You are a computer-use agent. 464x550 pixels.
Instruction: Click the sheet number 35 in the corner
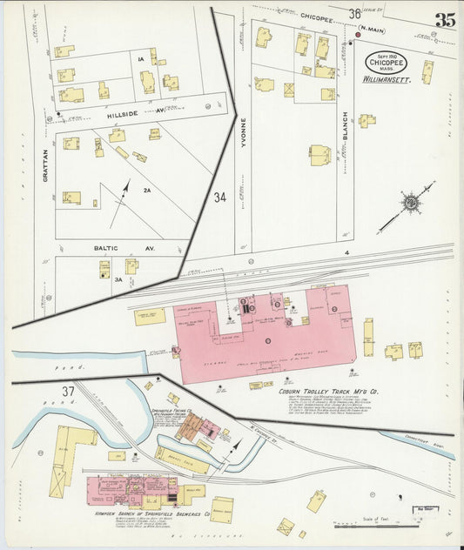coord(444,20)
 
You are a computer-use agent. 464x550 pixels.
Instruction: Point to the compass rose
coord(410,204)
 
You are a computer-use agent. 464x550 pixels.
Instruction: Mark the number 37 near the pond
coord(44,392)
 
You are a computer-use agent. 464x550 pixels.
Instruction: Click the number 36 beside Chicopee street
coord(354,13)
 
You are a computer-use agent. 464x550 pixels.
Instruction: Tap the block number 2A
coord(147,190)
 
